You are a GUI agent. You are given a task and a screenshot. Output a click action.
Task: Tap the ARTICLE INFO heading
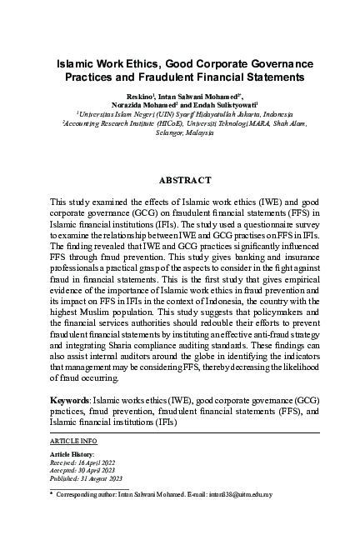73,439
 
